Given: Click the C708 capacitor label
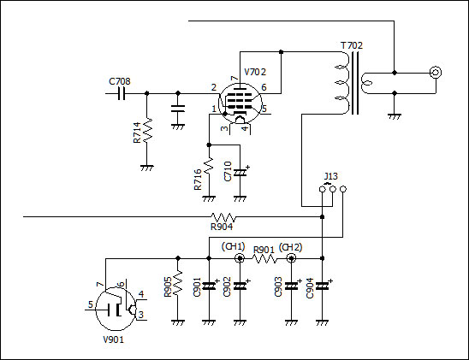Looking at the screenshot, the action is click(120, 81).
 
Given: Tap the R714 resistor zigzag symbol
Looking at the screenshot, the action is click(147, 130).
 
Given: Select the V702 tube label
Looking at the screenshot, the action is click(255, 72).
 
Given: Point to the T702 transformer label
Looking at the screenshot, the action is click(352, 45).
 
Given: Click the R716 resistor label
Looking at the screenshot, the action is click(198, 180).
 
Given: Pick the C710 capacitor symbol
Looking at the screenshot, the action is click(240, 173).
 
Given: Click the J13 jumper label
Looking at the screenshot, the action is click(331, 176).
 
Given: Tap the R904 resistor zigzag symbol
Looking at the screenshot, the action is click(223, 217).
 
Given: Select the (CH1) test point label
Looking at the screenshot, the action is click(233, 246).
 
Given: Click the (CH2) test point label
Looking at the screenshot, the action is click(290, 247).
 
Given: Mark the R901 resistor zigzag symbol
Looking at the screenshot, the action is click(265, 259).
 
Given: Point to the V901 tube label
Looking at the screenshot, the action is click(113, 339).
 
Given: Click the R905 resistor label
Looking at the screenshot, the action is click(168, 286).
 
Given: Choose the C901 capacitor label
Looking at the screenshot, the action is click(197, 286).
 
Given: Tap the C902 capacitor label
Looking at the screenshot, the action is click(227, 286).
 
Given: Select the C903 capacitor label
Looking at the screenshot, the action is click(278, 286).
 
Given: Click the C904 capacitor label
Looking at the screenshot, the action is click(310, 288).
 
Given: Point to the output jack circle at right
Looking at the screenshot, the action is click(436, 73).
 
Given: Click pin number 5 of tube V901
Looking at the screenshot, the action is click(91, 304).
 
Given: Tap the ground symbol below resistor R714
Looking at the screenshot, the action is click(147, 168).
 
